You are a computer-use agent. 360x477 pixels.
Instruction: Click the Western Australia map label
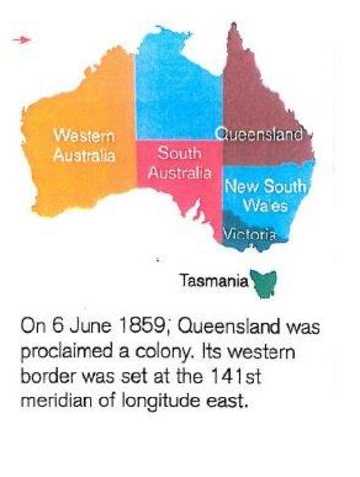point(84,144)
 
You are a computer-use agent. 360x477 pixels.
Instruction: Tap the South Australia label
point(179,163)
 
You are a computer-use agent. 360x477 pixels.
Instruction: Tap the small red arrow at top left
point(26,39)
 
